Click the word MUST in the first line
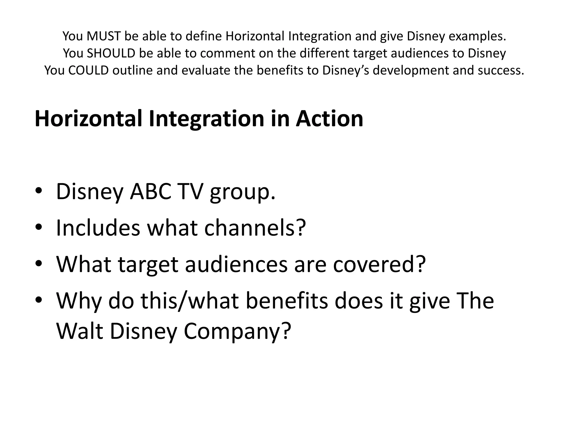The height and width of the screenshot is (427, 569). pyautogui.click(x=104, y=36)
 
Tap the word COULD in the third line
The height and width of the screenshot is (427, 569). pyautogui.click(x=88, y=70)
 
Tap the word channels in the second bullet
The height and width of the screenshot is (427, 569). pyautogui.click(x=254, y=228)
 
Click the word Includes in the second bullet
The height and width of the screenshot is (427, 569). pyautogui.click(x=98, y=228)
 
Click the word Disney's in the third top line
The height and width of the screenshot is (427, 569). pyautogui.click(x=346, y=70)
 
